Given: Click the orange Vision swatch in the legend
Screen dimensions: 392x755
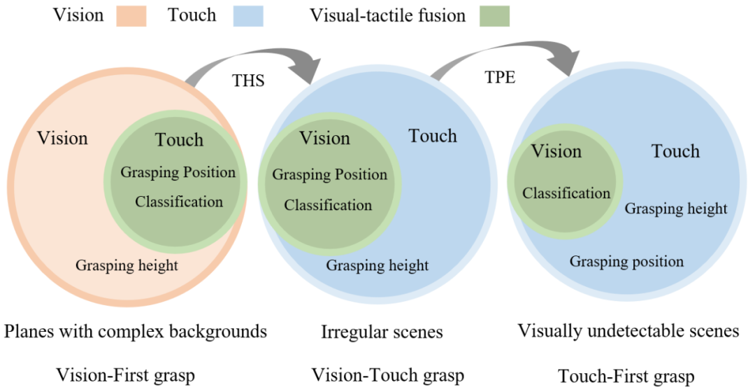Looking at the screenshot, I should pos(126,16).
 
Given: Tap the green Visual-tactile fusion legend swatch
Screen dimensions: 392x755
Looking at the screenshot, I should pos(489,16).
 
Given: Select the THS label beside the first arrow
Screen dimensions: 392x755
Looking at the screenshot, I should pos(248,80).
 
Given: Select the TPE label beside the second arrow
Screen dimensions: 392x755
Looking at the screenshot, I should pos(500,77).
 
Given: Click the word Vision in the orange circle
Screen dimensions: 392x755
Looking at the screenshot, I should pos(63,138).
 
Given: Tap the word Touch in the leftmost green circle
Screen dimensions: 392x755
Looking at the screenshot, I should pos(179,140).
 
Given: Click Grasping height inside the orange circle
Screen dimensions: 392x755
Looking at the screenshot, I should pos(127,265).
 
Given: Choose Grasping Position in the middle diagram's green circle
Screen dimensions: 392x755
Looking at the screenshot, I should pos(329,174).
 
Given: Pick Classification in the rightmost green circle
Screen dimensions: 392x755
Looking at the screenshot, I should pos(566,193).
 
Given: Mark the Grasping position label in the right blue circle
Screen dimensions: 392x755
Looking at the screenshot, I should pos(626,262).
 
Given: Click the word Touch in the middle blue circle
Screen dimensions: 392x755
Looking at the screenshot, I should pos(433,136).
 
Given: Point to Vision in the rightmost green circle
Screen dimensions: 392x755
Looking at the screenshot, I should pos(557,151).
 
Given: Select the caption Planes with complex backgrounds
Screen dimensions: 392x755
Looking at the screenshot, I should pos(136,331).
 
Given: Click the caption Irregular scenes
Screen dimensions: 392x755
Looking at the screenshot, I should pos(382,332).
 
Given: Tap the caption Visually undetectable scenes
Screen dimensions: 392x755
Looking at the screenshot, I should pos(628,330).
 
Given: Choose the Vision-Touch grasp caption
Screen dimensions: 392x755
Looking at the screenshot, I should pos(387,375).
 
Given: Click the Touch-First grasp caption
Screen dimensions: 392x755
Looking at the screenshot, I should pos(626,377).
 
